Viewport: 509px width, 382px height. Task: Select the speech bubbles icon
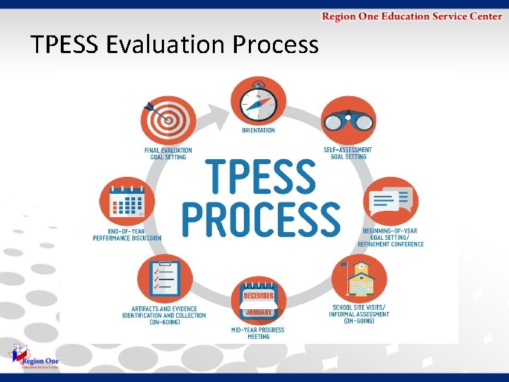point(390,200)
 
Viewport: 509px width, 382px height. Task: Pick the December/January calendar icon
point(259,301)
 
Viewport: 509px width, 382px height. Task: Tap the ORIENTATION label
point(259,131)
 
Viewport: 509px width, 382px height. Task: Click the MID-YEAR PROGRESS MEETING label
point(258,333)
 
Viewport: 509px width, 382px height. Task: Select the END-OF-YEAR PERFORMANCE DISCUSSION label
point(127,235)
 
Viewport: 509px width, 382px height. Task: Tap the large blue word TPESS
point(260,176)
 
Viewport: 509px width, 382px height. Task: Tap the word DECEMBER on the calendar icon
point(259,294)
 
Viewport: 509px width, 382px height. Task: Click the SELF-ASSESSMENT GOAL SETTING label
point(348,153)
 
